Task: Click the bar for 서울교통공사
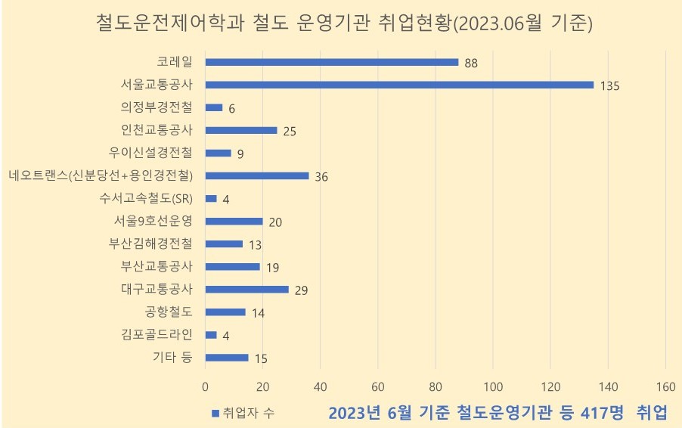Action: coord(399,85)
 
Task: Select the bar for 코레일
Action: coord(332,62)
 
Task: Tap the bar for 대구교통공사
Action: coord(247,289)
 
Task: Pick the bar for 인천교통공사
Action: coord(241,130)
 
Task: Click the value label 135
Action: coord(609,86)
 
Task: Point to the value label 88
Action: coord(472,64)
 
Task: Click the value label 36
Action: coord(322,177)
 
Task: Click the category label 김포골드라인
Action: coord(157,334)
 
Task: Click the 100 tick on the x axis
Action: coord(493,386)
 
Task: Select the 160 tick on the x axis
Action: coord(665,386)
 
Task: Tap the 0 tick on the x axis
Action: coord(206,386)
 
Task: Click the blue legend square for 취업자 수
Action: coord(215,413)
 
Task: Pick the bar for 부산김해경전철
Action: coord(224,243)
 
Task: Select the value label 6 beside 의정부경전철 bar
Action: coord(231,109)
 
